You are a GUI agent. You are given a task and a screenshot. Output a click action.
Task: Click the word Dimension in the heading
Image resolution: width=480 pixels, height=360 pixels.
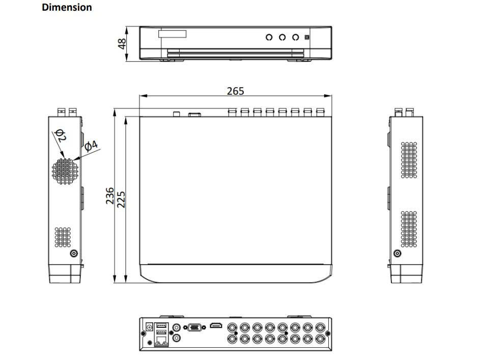tap(67, 7)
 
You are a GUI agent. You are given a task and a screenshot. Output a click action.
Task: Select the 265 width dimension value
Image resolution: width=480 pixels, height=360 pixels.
tap(235, 91)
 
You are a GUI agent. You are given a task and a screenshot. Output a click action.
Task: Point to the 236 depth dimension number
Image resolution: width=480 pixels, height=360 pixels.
tap(110, 196)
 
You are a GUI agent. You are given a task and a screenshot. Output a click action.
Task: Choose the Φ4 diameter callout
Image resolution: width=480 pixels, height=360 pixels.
tap(91, 146)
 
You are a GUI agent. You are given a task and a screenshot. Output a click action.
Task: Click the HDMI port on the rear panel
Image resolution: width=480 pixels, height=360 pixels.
tap(217, 326)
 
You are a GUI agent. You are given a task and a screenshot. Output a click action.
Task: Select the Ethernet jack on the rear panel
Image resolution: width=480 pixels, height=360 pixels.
tap(161, 340)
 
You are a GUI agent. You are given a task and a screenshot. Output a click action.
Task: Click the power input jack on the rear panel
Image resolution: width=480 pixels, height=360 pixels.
tap(149, 326)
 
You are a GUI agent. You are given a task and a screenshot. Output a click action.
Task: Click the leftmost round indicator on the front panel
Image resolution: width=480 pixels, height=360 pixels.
tap(269, 37)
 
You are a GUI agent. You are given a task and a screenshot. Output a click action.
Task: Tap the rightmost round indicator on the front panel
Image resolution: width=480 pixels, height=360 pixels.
tap(295, 37)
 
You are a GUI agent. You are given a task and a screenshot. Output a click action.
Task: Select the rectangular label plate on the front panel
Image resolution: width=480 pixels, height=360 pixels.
tap(172, 34)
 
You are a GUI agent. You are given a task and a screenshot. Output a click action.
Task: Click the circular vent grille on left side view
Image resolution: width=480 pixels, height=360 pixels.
tap(65, 170)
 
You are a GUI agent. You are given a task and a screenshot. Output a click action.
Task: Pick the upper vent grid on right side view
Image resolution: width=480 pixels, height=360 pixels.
tap(409, 159)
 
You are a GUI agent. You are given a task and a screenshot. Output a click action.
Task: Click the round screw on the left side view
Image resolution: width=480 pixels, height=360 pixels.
tap(75, 254)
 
